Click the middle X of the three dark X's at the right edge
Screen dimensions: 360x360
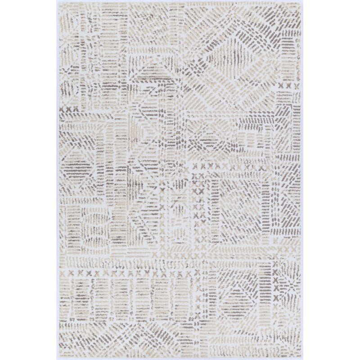coord(288,85)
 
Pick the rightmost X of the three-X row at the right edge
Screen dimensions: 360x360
coord(296,85)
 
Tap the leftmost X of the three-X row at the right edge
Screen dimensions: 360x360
coord(280,85)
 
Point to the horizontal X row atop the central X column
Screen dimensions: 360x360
coord(211,167)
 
